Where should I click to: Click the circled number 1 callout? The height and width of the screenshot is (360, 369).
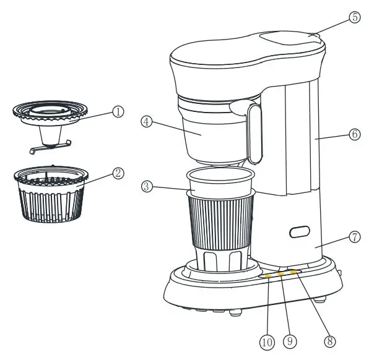pos(118,112)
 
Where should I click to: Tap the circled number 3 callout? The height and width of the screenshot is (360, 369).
pos(147,186)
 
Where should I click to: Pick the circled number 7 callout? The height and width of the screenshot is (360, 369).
pos(354,237)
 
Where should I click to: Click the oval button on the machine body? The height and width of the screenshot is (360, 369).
pos(300,233)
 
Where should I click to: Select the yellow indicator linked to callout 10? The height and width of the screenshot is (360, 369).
pos(268,276)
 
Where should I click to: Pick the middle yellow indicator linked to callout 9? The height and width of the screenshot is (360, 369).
pos(280,274)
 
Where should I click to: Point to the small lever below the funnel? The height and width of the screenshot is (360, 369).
pos(50,146)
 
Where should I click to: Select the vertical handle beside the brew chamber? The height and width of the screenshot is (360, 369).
pos(253,132)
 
